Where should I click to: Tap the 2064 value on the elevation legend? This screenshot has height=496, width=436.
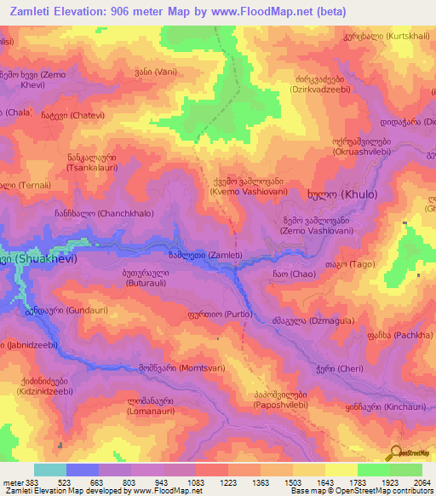pos(421,482)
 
